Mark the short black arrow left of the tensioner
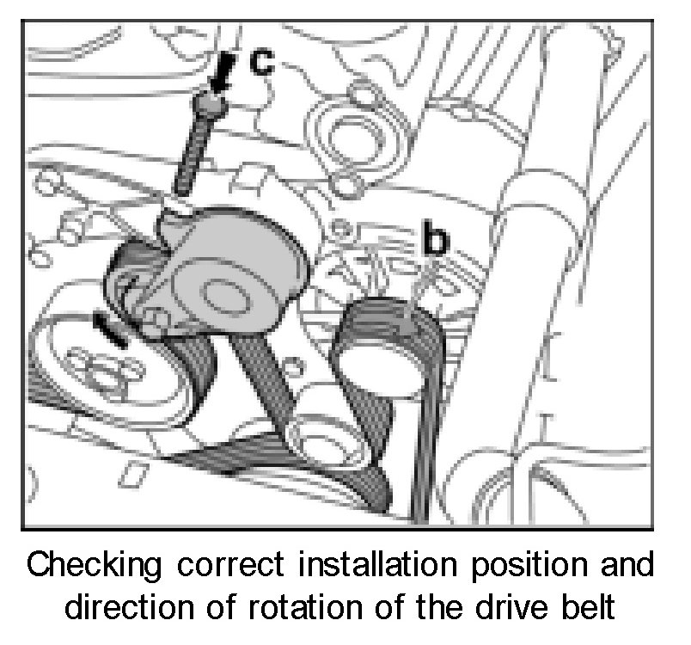click(x=112, y=329)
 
